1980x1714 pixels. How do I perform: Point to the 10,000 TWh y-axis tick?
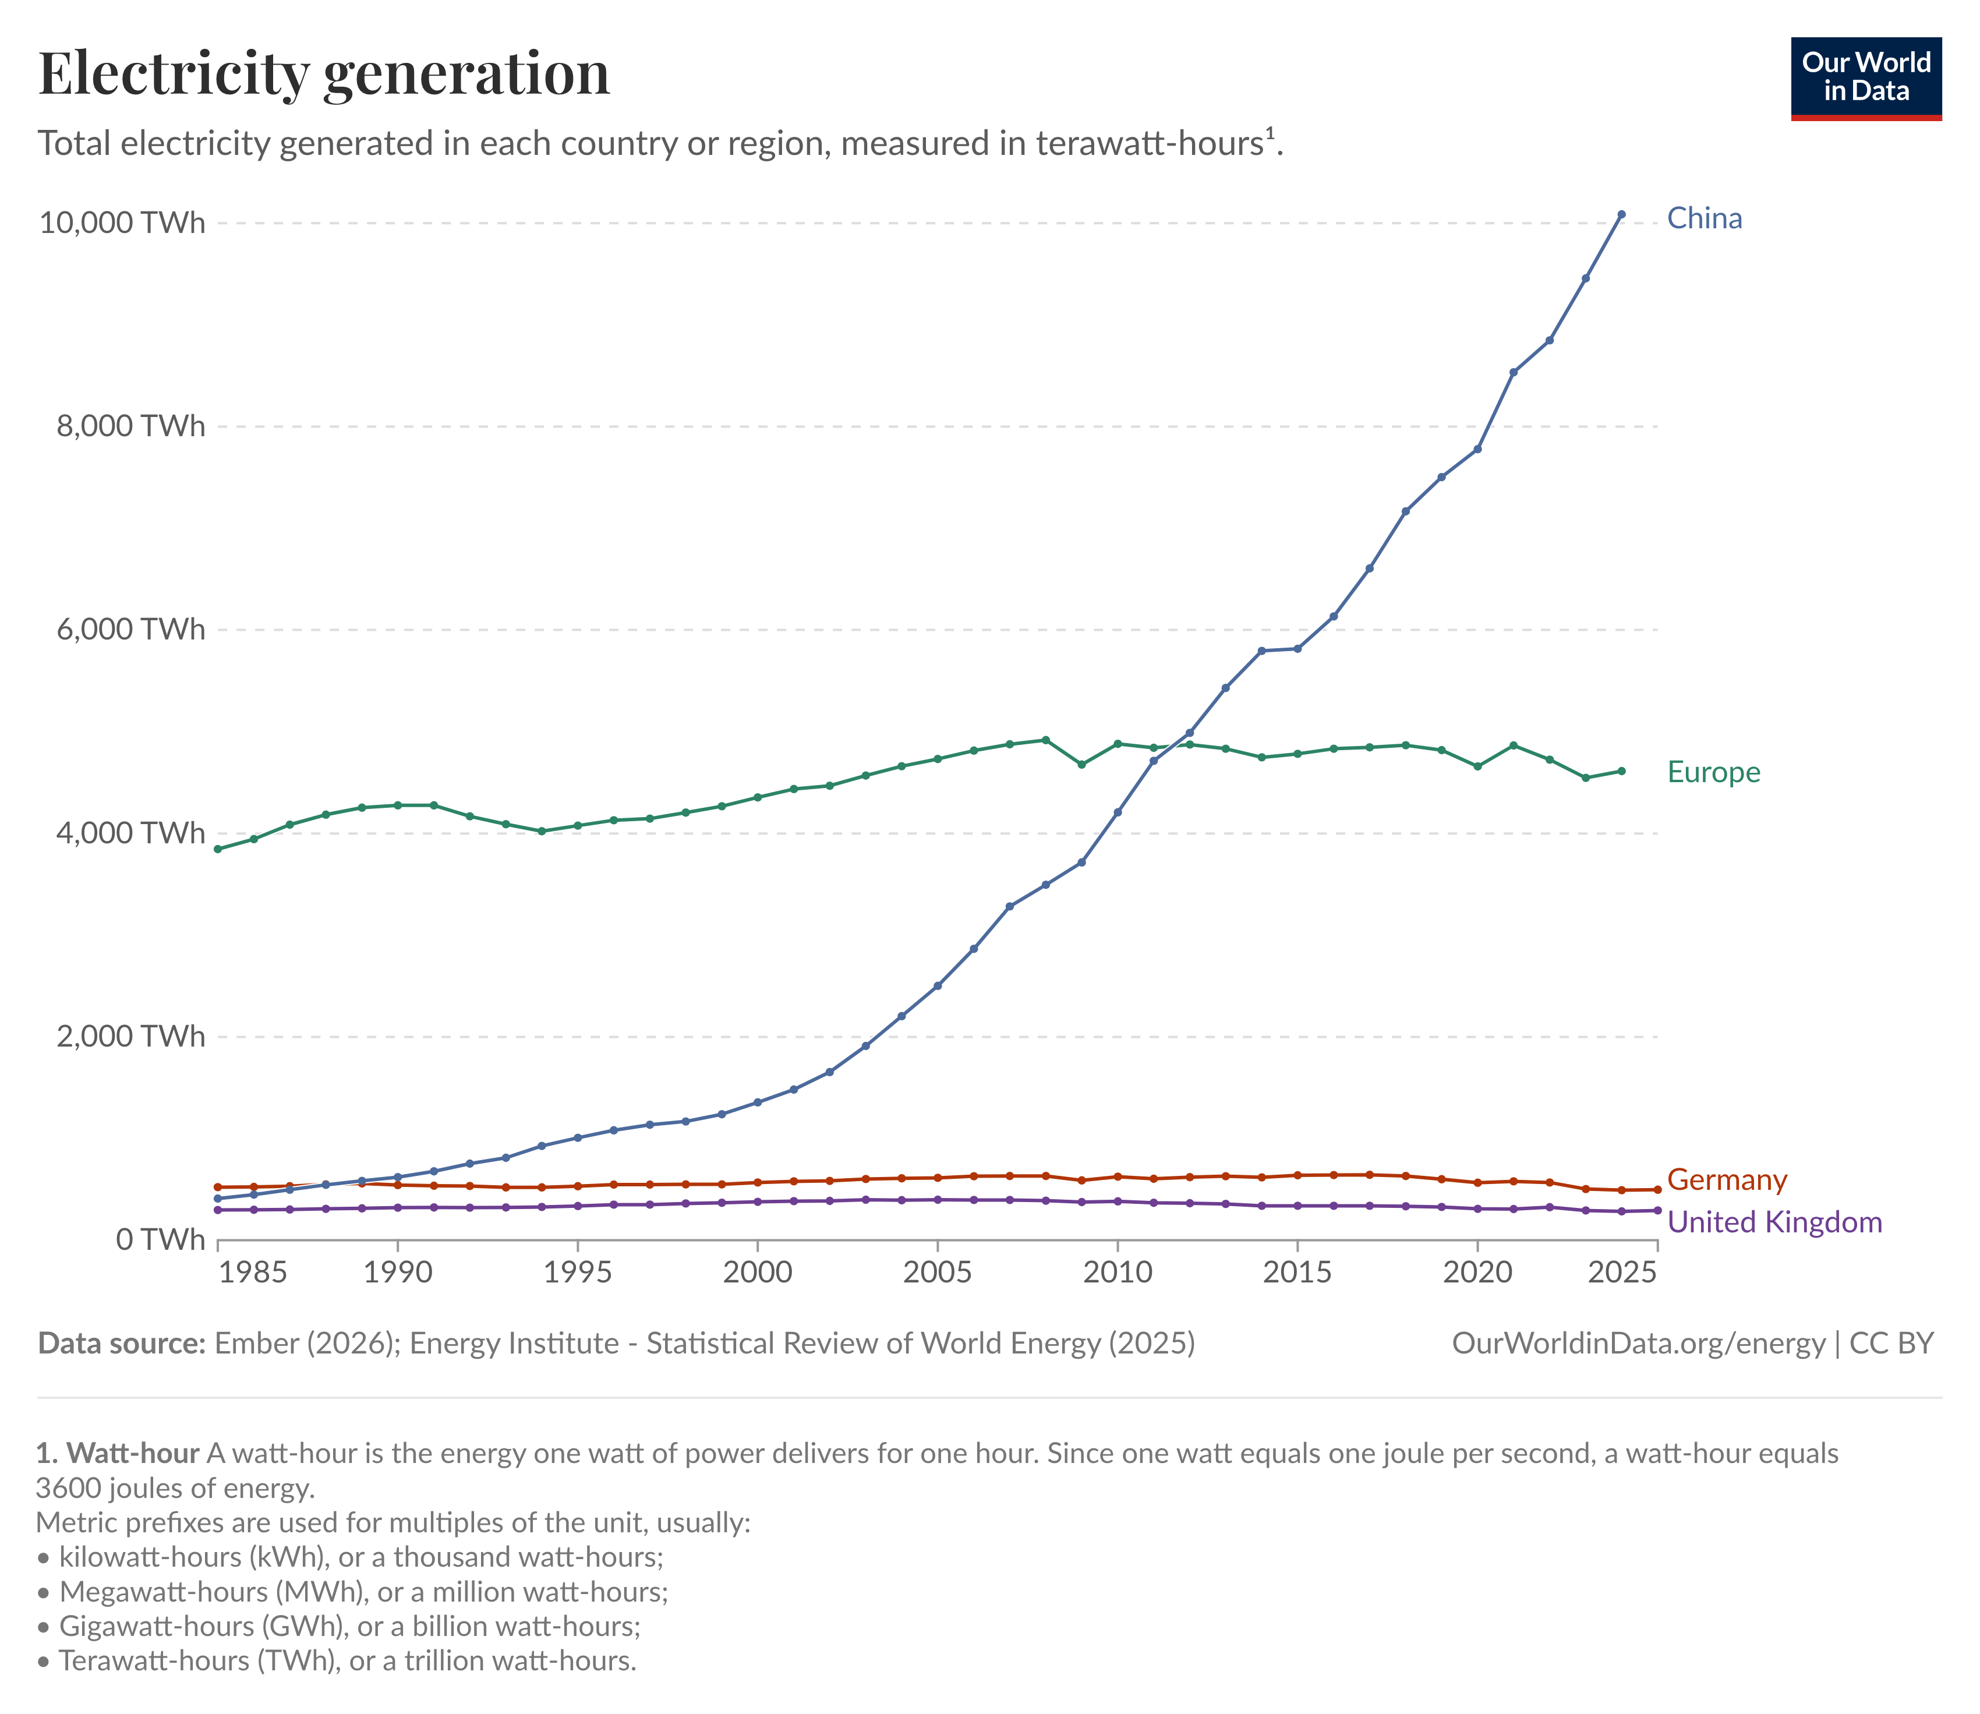pyautogui.click(x=122, y=223)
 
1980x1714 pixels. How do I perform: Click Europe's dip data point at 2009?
pyautogui.click(x=1081, y=764)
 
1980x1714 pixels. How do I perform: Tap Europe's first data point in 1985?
pyautogui.click(x=218, y=849)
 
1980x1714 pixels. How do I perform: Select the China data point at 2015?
pyautogui.click(x=1297, y=648)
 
